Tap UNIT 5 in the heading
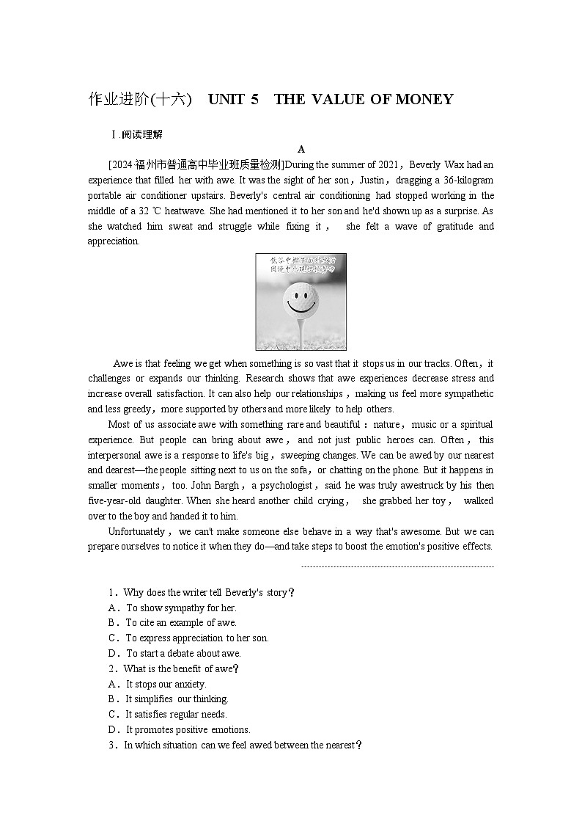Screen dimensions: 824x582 point(233,100)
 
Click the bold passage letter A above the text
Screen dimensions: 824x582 point(301,149)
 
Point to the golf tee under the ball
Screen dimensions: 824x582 point(301,330)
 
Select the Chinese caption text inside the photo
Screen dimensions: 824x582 point(301,264)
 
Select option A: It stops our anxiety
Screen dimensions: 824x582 point(158,685)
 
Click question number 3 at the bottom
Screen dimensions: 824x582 point(111,745)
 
